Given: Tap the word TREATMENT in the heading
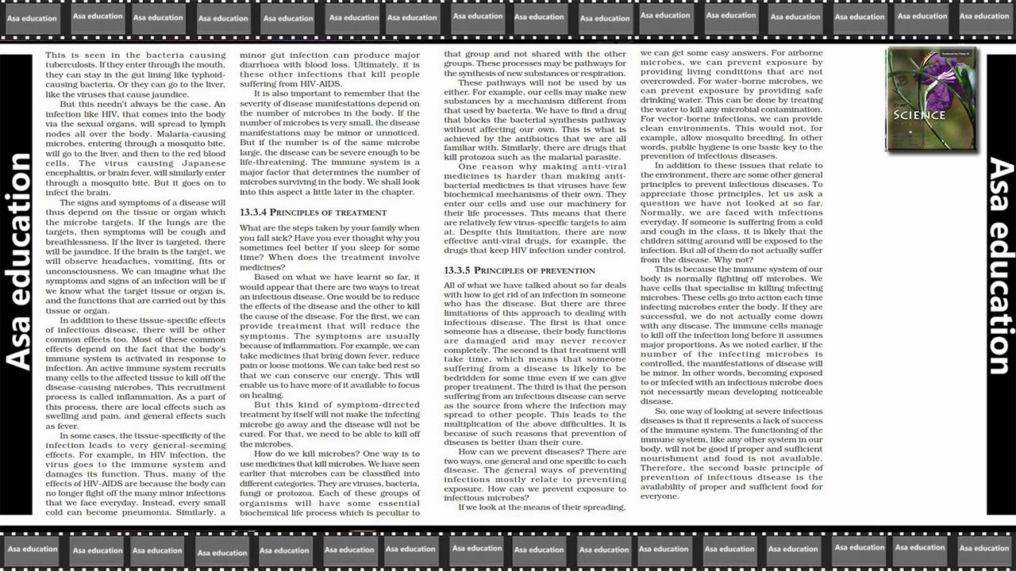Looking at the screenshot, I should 362,213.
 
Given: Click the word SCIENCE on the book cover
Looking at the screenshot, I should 919,115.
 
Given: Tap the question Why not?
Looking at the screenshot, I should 734,259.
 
